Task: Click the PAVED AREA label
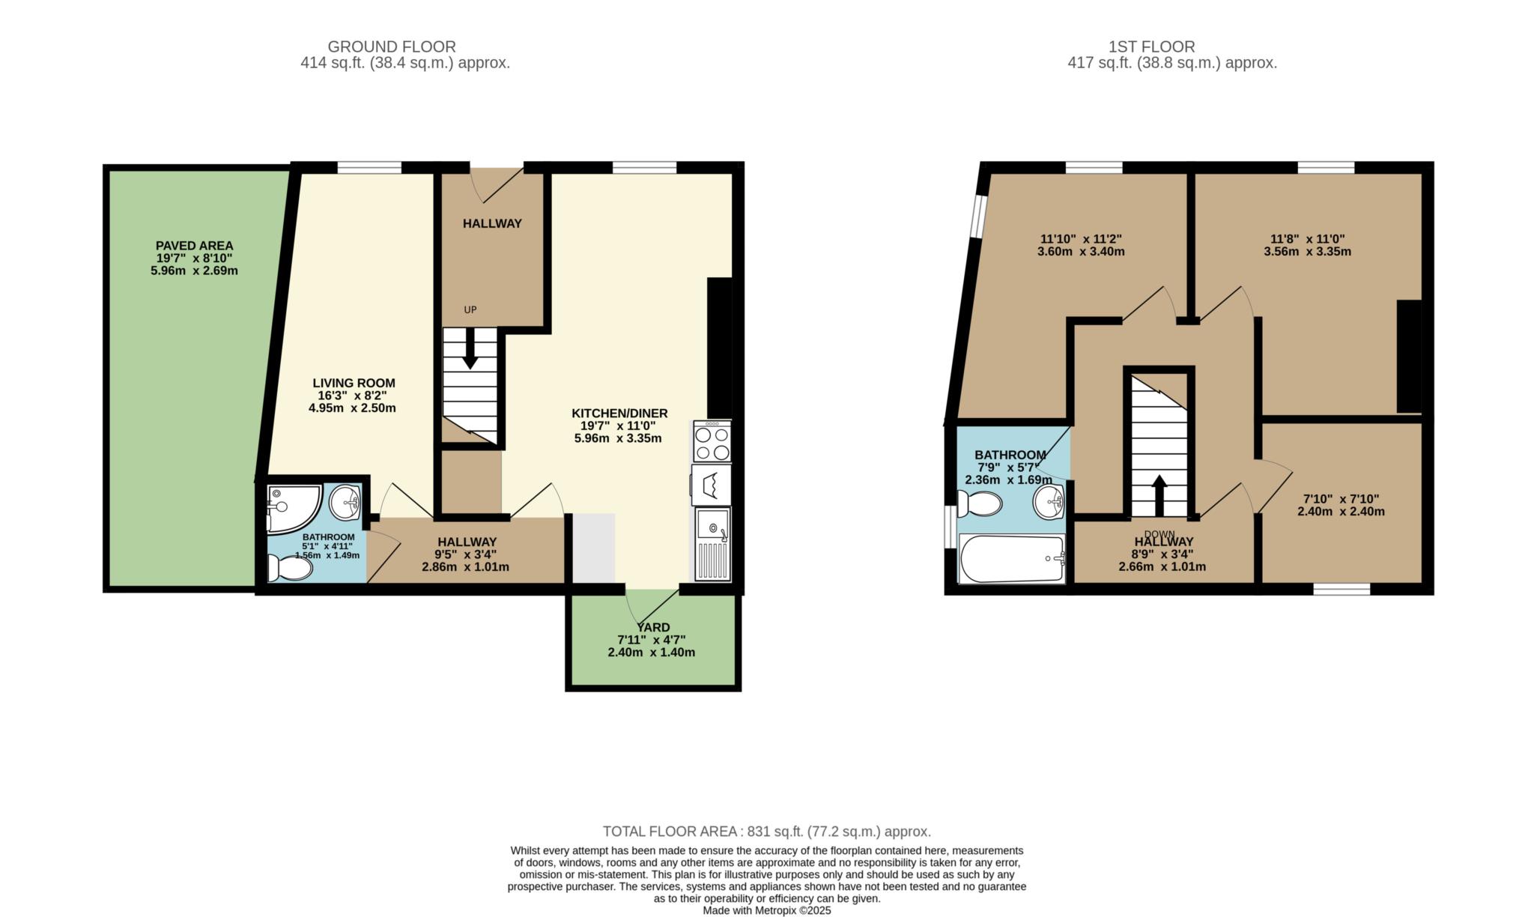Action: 194,246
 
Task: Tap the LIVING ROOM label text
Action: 354,383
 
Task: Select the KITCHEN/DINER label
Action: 619,414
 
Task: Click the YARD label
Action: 653,627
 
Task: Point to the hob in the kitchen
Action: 712,442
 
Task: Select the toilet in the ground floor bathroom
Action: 291,569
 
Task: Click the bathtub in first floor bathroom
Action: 1011,559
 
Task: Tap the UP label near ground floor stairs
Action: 470,309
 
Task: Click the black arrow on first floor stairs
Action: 1159,494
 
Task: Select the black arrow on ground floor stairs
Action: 470,350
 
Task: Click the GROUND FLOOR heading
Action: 392,46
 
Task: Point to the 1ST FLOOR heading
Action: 1151,46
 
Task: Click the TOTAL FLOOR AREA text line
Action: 767,832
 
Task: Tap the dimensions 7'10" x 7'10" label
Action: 1341,499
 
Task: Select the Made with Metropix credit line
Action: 767,911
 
